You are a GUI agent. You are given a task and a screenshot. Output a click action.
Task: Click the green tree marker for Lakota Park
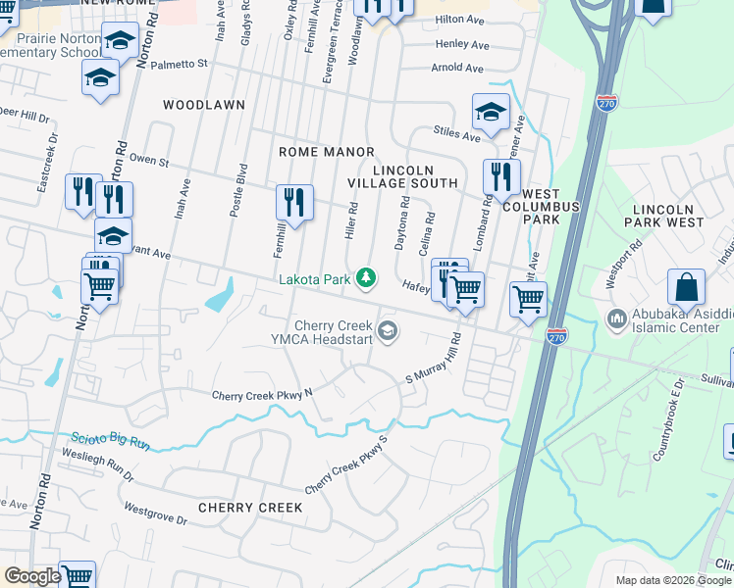click(x=366, y=279)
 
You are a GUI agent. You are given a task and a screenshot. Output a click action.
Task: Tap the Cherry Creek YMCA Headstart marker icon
click(x=388, y=330)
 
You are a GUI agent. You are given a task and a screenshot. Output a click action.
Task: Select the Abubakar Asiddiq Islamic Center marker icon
click(x=617, y=318)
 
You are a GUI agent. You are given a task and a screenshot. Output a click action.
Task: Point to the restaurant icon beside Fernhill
click(x=294, y=204)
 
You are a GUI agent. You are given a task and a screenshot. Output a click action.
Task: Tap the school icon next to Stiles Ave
click(x=491, y=114)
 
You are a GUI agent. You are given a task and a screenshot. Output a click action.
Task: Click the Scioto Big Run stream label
click(x=110, y=441)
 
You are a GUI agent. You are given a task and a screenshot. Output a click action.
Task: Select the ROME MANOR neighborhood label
click(x=327, y=152)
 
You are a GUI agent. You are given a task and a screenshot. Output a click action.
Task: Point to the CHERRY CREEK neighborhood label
click(x=243, y=508)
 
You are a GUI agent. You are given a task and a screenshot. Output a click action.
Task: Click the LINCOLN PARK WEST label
click(x=668, y=216)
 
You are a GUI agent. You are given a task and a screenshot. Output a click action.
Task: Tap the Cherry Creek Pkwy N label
click(x=262, y=395)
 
